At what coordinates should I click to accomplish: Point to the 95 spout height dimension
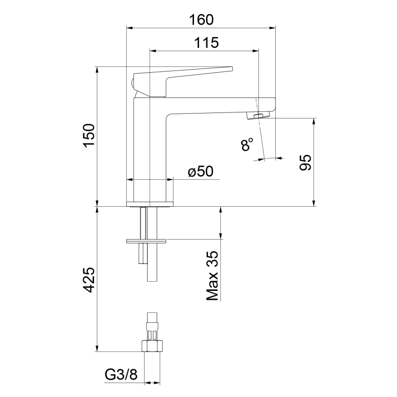[305, 162]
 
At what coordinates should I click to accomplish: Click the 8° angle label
[247, 145]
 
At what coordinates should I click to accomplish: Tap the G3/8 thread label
[121, 375]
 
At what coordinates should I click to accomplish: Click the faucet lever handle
[183, 75]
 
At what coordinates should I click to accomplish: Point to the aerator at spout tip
[258, 116]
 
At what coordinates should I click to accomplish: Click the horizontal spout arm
[220, 106]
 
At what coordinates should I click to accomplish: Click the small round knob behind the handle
[132, 84]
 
